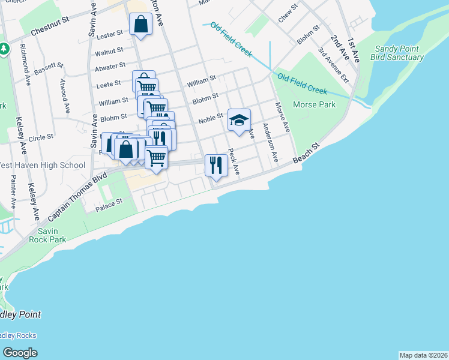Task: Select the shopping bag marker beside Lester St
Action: point(140,25)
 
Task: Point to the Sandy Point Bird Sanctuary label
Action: point(399,53)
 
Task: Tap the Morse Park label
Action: point(314,104)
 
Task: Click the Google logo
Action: point(20,353)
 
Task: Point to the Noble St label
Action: point(211,118)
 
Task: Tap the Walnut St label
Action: point(112,51)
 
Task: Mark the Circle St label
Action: point(41,137)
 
